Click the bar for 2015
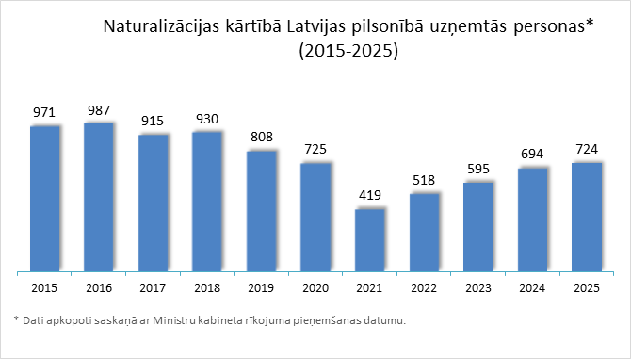[x=45, y=198]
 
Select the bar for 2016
[x=99, y=197]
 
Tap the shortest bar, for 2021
[x=370, y=240]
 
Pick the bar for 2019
[x=262, y=211]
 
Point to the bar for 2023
[x=478, y=226]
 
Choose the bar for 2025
[x=587, y=217]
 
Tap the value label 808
[x=262, y=137]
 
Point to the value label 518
[x=425, y=180]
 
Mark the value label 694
[x=533, y=153]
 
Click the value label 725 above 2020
[x=316, y=150]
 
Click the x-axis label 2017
[x=154, y=287]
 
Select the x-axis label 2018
[x=207, y=287]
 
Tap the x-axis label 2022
[x=425, y=287]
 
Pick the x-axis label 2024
[x=533, y=287]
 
